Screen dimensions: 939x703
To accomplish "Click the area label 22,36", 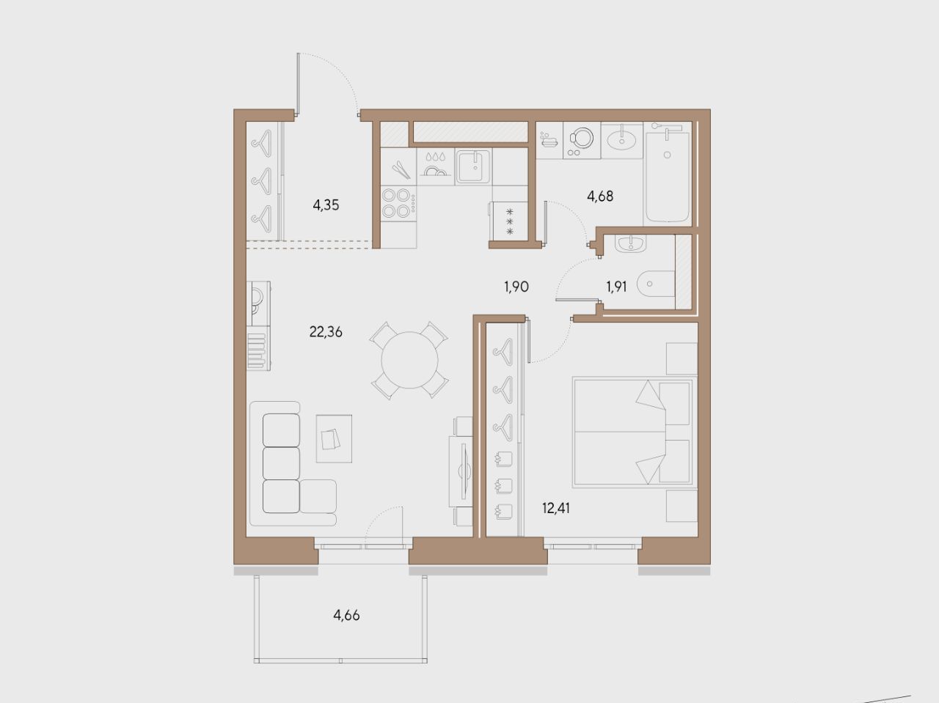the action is pyautogui.click(x=326, y=332).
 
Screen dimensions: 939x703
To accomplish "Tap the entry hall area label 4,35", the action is pyautogui.click(x=326, y=205).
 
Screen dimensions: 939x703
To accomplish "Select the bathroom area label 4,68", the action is pyautogui.click(x=600, y=196).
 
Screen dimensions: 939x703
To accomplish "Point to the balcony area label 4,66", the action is pyautogui.click(x=346, y=615).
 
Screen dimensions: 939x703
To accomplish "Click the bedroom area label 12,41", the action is pyautogui.click(x=556, y=509).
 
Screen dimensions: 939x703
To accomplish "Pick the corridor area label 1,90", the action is pyautogui.click(x=516, y=287).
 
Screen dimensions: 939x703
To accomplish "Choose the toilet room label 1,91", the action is pyautogui.click(x=616, y=287).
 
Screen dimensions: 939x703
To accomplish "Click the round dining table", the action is pyautogui.click(x=410, y=360).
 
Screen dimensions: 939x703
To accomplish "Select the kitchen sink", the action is pyautogui.click(x=473, y=166).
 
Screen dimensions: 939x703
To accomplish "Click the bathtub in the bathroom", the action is pyautogui.click(x=667, y=177).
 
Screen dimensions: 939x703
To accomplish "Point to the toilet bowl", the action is pyautogui.click(x=656, y=284).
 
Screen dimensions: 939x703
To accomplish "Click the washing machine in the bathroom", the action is pyautogui.click(x=582, y=141).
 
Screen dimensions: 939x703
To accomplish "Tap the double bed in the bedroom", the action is pyautogui.click(x=632, y=432).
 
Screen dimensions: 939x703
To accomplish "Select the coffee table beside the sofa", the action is pyautogui.click(x=334, y=438).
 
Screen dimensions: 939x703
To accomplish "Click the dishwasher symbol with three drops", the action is pyautogui.click(x=436, y=166).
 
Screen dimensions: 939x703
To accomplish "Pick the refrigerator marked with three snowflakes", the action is pyautogui.click(x=509, y=221).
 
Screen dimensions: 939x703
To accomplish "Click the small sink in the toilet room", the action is pyautogui.click(x=631, y=244).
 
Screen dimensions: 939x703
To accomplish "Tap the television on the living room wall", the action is pyautogui.click(x=464, y=471).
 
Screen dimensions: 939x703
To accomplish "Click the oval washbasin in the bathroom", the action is pyautogui.click(x=622, y=141).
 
